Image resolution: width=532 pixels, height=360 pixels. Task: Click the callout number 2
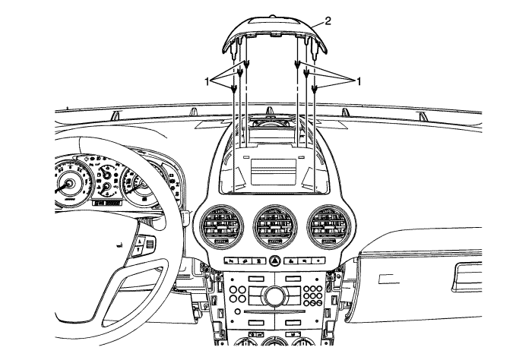(x=328, y=20)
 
